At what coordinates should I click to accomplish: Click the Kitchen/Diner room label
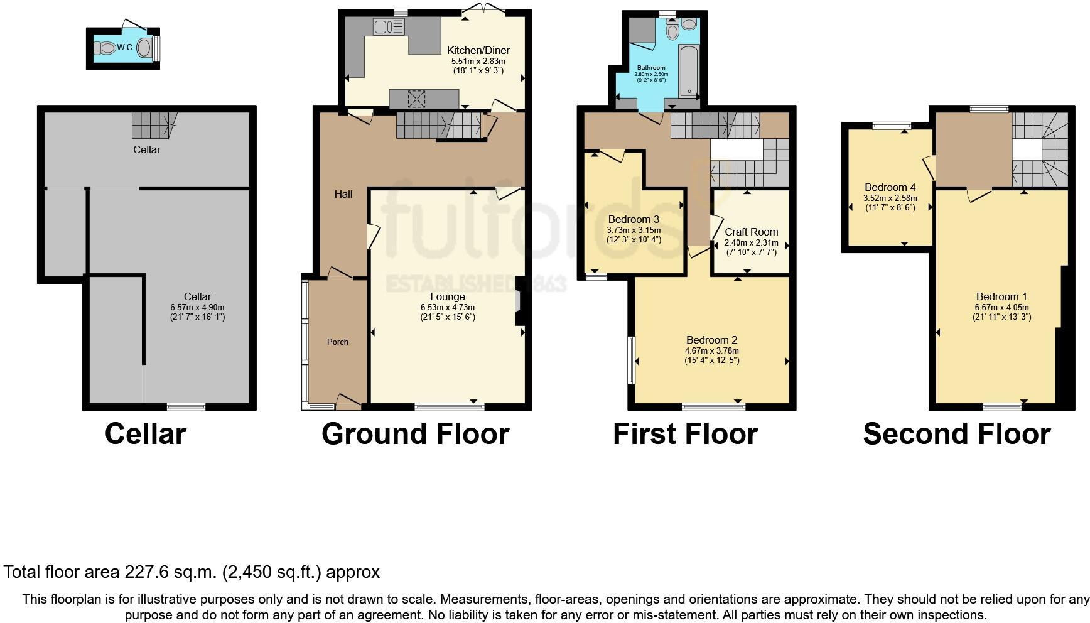click(x=478, y=50)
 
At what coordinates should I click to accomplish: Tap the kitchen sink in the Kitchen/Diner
click(x=389, y=26)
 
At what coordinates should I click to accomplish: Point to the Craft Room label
click(x=751, y=232)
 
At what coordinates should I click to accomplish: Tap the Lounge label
click(x=447, y=296)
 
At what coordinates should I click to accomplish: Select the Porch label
click(x=337, y=342)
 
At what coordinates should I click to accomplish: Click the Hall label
click(x=343, y=194)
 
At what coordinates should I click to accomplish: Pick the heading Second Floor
click(x=956, y=434)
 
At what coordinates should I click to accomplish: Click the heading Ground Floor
click(x=415, y=434)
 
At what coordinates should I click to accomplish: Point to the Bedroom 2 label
click(x=711, y=340)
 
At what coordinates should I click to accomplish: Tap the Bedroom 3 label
click(x=634, y=219)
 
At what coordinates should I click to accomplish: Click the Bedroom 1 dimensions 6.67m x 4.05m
click(x=1001, y=307)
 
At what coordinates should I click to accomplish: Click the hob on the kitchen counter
click(x=416, y=99)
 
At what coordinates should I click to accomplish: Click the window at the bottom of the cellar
click(x=186, y=406)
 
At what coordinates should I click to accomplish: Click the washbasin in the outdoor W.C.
click(x=144, y=48)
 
